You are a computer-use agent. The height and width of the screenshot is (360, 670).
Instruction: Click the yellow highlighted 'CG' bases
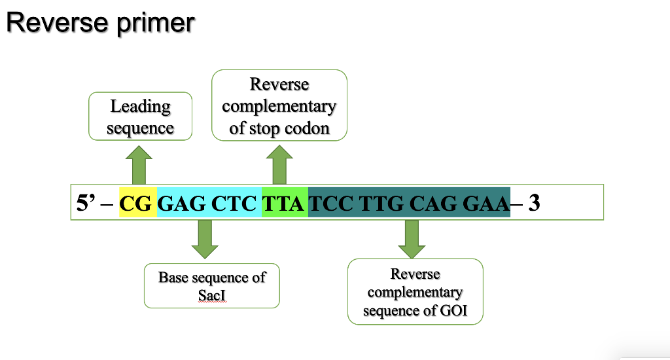pyautogui.click(x=136, y=204)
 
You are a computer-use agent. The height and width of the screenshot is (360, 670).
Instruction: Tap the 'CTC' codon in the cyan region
pyautogui.click(x=234, y=204)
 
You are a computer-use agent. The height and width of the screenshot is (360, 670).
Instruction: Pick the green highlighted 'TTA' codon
pyautogui.click(x=284, y=204)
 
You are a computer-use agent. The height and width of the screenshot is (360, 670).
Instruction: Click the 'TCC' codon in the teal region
pyautogui.click(x=331, y=204)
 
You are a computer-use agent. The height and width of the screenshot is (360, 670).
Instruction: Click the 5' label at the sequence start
pyautogui.click(x=87, y=204)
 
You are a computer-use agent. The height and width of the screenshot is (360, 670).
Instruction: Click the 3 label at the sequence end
pyautogui.click(x=534, y=204)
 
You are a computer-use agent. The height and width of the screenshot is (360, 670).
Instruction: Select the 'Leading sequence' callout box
pyautogui.click(x=140, y=117)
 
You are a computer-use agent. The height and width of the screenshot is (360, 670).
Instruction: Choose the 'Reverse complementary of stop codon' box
pyautogui.click(x=279, y=105)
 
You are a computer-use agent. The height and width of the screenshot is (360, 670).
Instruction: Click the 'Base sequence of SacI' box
pyautogui.click(x=211, y=286)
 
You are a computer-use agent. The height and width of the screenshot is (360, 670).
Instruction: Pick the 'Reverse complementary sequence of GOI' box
pyautogui.click(x=415, y=292)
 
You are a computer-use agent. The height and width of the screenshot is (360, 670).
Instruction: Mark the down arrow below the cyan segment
pyautogui.click(x=205, y=239)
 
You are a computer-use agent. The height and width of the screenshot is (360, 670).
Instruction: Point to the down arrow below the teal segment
pyautogui.click(x=412, y=239)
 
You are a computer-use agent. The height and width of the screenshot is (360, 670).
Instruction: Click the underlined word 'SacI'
pyautogui.click(x=211, y=295)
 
